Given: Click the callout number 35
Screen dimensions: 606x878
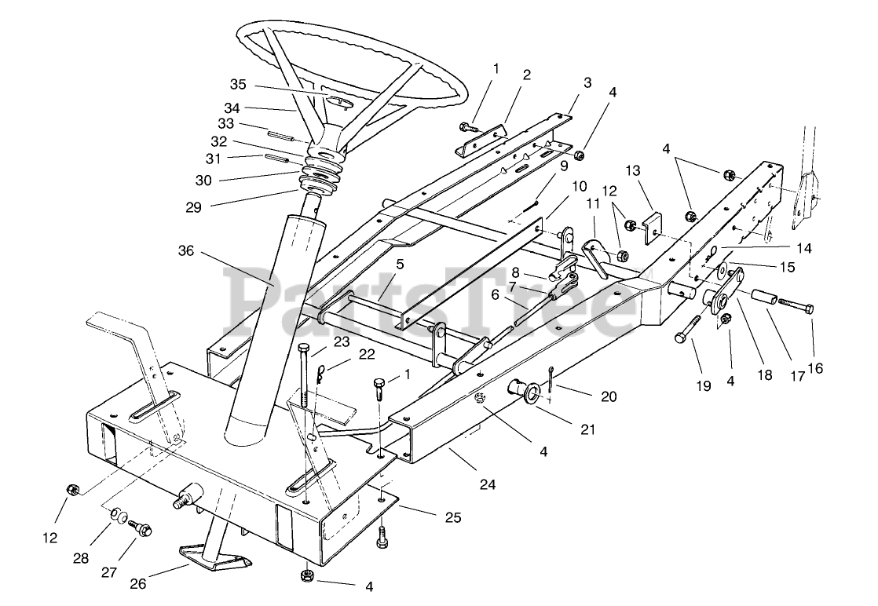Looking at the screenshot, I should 238,84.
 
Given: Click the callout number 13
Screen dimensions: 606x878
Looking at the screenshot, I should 634,172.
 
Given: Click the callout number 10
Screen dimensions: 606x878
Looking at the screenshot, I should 579,187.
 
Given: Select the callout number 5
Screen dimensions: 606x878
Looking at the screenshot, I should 400,265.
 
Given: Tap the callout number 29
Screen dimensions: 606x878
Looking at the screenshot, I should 193,207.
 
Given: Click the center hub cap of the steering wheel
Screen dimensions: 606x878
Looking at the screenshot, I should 340,102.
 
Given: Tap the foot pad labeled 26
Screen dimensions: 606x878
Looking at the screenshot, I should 212,553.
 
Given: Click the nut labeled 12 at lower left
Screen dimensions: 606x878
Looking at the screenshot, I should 71,490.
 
